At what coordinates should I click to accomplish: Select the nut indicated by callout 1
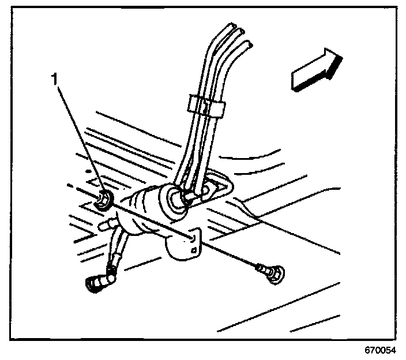point(104,199)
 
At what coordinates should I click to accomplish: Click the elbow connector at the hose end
point(97,282)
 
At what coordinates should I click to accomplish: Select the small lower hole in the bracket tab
point(195,249)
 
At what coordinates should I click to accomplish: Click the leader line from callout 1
point(80,138)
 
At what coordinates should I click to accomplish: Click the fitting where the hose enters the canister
point(189,196)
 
